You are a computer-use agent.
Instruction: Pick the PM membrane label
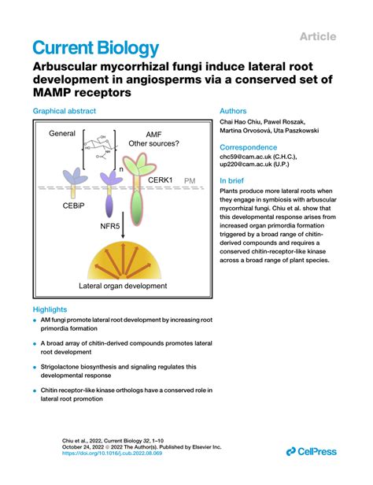click(190, 181)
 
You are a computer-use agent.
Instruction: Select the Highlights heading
click(50, 309)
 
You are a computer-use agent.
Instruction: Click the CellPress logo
click(312, 450)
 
